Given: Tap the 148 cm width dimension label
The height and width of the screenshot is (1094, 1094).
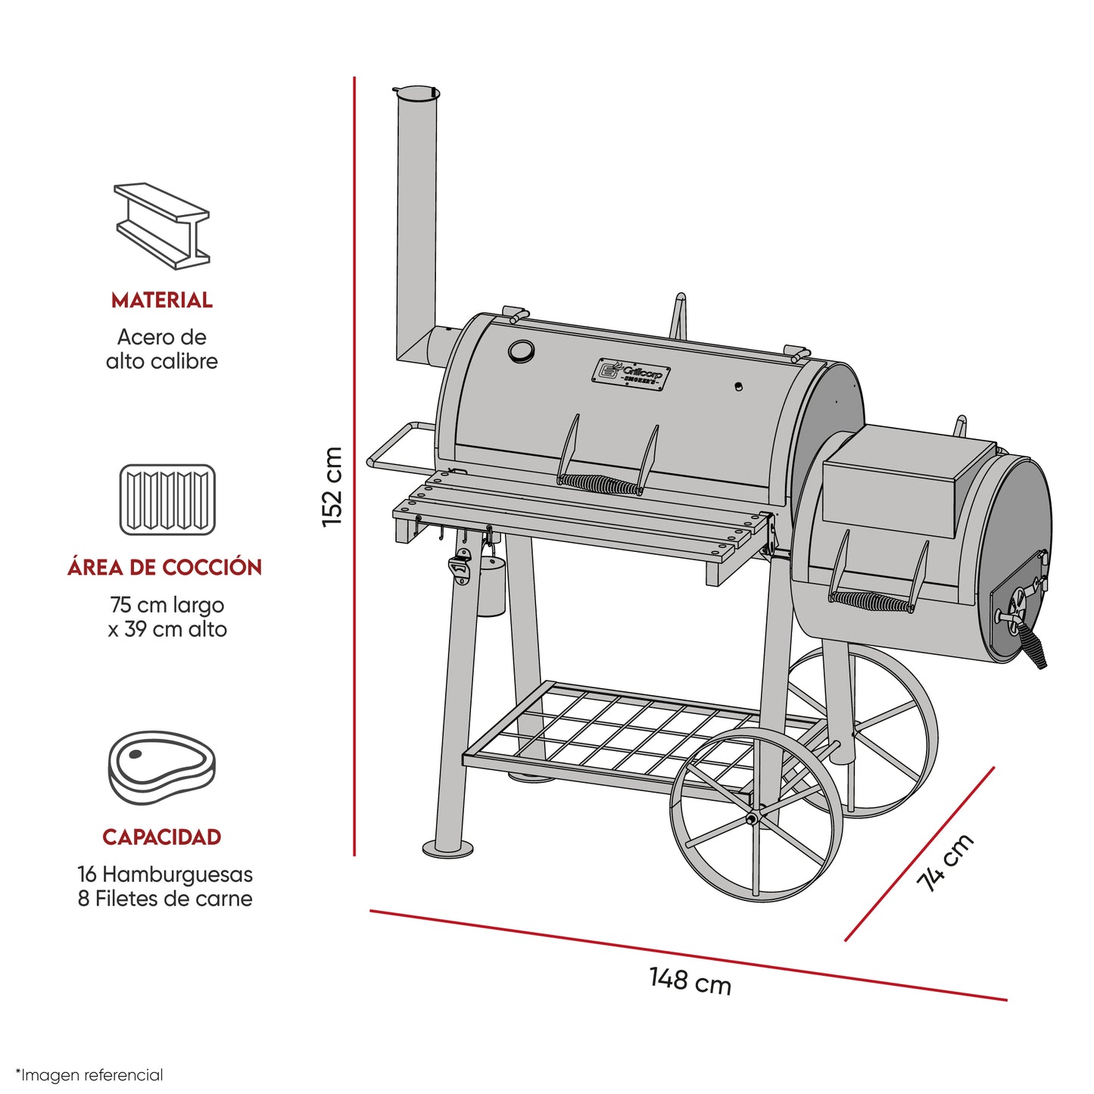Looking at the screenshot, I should [x=690, y=980].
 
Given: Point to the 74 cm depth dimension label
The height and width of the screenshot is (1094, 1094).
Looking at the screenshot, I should [x=945, y=863].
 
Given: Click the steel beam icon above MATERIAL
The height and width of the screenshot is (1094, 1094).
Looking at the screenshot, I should [x=162, y=226].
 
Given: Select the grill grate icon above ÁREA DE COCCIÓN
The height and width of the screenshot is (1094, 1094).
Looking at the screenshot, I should [x=167, y=500].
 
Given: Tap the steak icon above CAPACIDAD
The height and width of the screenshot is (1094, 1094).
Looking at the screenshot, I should [x=162, y=767].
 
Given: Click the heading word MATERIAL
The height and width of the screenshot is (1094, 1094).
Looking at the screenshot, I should [x=162, y=301].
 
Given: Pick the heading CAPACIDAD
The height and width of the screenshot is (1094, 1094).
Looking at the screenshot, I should [x=162, y=837].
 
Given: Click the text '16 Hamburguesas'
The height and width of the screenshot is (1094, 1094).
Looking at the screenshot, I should [x=165, y=874].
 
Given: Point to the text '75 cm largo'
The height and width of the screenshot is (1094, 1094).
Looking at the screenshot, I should [x=167, y=605].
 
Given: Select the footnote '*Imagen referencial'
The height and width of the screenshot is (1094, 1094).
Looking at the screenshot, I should [x=89, y=1075].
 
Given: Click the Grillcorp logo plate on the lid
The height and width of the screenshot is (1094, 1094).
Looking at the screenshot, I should [x=631, y=375].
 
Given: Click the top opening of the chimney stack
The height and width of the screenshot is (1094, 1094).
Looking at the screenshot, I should [x=416, y=93].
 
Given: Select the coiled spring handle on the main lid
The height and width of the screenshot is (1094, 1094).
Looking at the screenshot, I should [x=600, y=484].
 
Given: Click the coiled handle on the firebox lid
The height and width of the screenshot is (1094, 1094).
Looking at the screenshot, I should [x=871, y=602].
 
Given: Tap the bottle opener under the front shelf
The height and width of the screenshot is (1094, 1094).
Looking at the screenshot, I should [x=460, y=569].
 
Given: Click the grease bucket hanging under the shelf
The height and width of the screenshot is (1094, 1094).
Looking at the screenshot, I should [x=490, y=587].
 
